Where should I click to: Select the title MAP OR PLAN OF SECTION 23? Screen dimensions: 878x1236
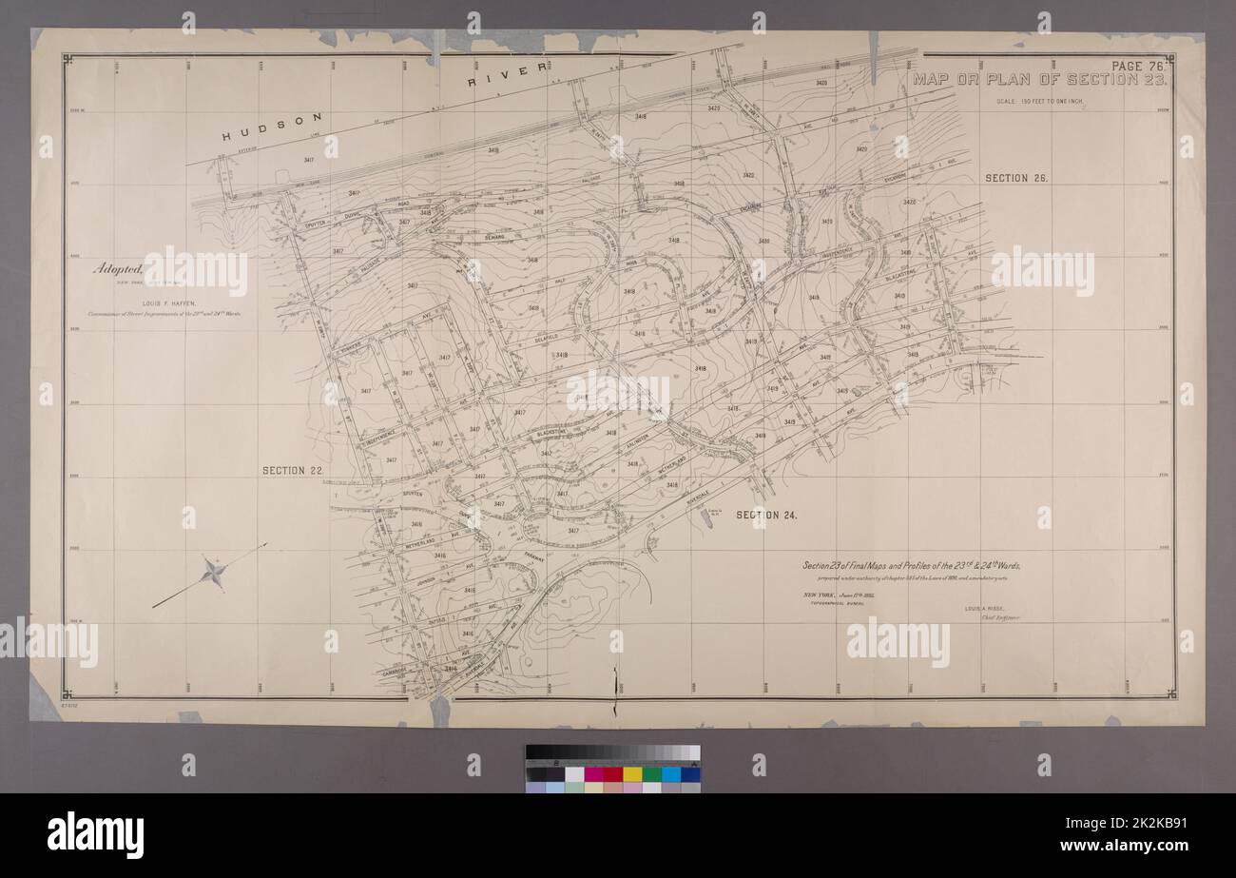[1041, 80]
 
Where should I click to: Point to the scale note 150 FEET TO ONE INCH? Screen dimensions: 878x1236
[1039, 100]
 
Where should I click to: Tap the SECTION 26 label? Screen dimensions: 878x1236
[1015, 178]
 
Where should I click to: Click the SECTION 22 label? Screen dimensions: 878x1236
[295, 470]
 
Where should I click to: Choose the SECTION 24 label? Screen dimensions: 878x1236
[765, 515]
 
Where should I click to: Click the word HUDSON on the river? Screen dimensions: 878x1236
[273, 127]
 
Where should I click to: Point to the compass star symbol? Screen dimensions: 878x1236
[213, 573]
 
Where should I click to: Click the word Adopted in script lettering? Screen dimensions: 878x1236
[115, 269]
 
